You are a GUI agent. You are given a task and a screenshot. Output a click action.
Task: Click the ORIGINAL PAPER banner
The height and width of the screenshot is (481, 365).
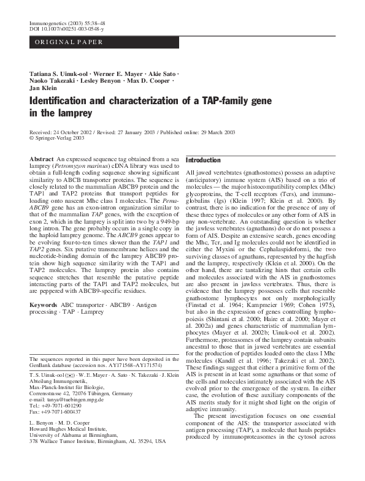click(68, 42)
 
